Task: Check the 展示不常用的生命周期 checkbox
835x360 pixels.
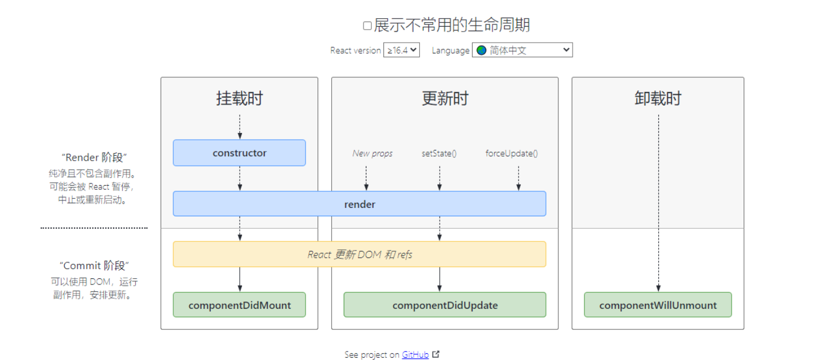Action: [368, 26]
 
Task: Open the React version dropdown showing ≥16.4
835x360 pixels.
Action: [402, 50]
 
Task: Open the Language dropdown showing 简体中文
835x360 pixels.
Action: [522, 50]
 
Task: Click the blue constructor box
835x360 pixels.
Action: [239, 153]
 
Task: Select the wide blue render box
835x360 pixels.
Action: [359, 204]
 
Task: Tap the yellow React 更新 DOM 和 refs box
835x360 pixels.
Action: [359, 254]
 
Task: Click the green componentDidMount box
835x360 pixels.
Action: [239, 305]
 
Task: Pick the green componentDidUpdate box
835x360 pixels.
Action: [445, 305]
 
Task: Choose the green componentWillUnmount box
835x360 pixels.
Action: [658, 305]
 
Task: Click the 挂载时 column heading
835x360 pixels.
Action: [239, 98]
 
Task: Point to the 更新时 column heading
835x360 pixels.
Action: [445, 98]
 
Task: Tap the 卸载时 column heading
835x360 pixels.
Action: [658, 98]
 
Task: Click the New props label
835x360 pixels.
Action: [372, 153]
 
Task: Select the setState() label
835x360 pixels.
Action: [439, 153]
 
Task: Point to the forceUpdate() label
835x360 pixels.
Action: [511, 153]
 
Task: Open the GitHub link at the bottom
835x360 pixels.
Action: [415, 354]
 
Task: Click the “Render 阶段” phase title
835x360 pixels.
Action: [94, 157]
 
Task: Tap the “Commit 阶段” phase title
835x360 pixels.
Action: [94, 265]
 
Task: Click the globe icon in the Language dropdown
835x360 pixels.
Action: [482, 50]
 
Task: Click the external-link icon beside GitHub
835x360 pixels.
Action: [436, 354]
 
